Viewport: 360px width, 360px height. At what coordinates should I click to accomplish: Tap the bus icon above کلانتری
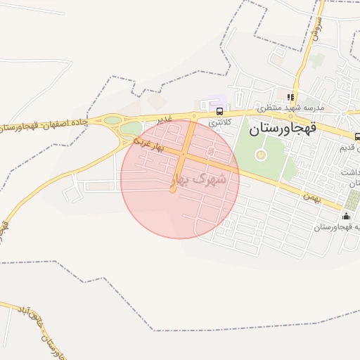[x=220, y=111]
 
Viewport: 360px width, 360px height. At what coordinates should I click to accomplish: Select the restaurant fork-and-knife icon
[x=289, y=97]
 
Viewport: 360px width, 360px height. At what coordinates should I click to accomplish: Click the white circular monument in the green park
[x=261, y=154]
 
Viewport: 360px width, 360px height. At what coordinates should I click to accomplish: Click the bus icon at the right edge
[x=356, y=137]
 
